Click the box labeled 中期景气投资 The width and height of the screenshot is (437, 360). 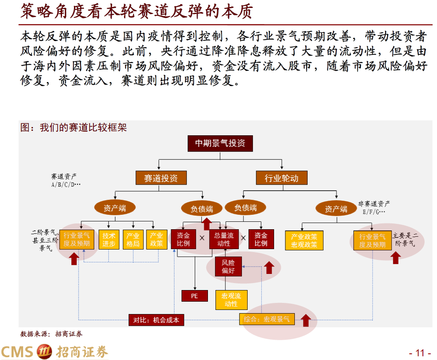point(220,143)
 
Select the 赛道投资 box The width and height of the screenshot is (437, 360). point(161,178)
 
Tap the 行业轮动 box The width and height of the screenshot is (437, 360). point(282,178)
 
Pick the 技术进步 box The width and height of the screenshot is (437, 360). point(109,240)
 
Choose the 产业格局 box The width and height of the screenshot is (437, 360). point(133,240)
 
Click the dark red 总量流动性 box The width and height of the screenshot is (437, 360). point(224,240)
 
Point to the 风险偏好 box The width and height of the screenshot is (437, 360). point(228,267)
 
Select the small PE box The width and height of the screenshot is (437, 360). point(195,296)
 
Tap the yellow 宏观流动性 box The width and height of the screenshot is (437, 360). point(231,300)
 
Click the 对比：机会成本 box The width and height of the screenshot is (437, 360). point(156,319)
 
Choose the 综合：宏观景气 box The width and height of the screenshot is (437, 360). point(267,319)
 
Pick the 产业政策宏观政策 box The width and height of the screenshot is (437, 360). point(304,240)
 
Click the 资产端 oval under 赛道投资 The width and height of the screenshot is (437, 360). point(115,208)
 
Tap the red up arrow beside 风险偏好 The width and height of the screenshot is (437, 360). point(269,268)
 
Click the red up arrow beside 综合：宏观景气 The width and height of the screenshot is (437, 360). point(306,320)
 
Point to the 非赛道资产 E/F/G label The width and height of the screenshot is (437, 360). point(374,208)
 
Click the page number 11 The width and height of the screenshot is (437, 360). point(420,353)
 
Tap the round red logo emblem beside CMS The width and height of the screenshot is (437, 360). point(45,352)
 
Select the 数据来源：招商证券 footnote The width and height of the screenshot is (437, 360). point(51,334)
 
